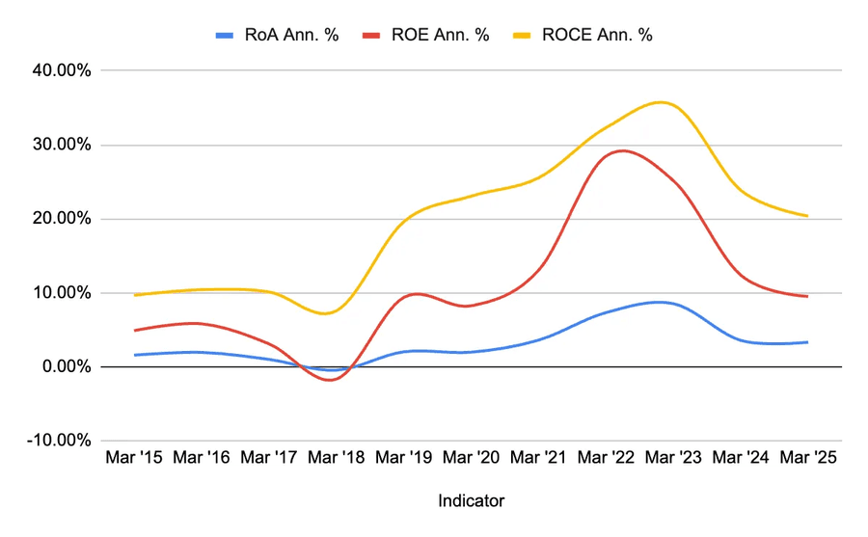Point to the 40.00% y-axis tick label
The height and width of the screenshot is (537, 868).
tap(59, 71)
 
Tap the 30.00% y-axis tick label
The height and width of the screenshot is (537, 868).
tap(59, 146)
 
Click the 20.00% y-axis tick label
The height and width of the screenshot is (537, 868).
tap(59, 219)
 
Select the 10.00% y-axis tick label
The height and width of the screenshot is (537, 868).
tap(59, 293)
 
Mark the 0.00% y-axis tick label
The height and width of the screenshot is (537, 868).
tap(63, 367)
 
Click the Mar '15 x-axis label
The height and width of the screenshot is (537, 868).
tap(134, 458)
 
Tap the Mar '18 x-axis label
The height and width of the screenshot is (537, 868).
tap(337, 458)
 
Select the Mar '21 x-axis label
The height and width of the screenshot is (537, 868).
tap(538, 458)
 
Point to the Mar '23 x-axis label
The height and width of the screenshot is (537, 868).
tap(673, 458)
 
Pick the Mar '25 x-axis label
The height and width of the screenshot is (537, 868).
tap(807, 458)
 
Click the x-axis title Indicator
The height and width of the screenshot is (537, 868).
tap(471, 501)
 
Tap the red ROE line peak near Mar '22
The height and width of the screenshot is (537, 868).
tap(623, 150)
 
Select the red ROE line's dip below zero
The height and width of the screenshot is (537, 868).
tap(331, 380)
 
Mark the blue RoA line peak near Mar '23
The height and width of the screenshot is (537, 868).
tap(658, 302)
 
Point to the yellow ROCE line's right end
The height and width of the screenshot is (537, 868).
tap(807, 216)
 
